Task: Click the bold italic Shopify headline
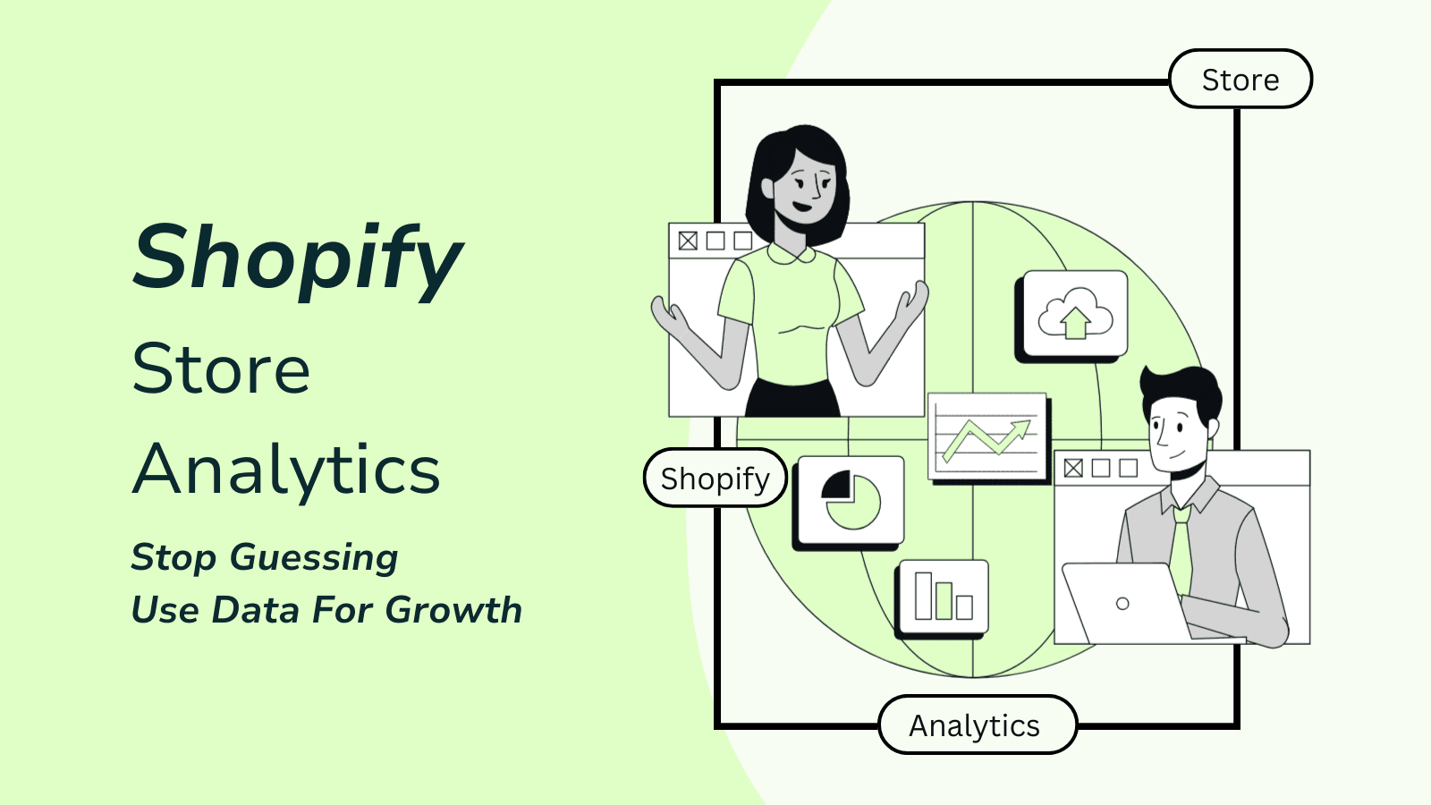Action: point(297,260)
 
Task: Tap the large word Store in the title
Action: point(220,370)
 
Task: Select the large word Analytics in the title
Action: point(285,470)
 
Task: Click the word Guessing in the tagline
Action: point(314,558)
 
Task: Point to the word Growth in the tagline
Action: point(453,609)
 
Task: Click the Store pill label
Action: point(1240,80)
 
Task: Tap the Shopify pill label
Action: point(715,478)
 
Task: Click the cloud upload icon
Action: point(1075,313)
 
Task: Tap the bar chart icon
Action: point(944,596)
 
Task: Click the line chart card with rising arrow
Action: point(987,436)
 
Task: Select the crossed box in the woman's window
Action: point(688,241)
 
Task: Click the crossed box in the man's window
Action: point(1073,469)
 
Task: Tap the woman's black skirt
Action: point(792,399)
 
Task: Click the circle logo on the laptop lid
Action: point(1122,603)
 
